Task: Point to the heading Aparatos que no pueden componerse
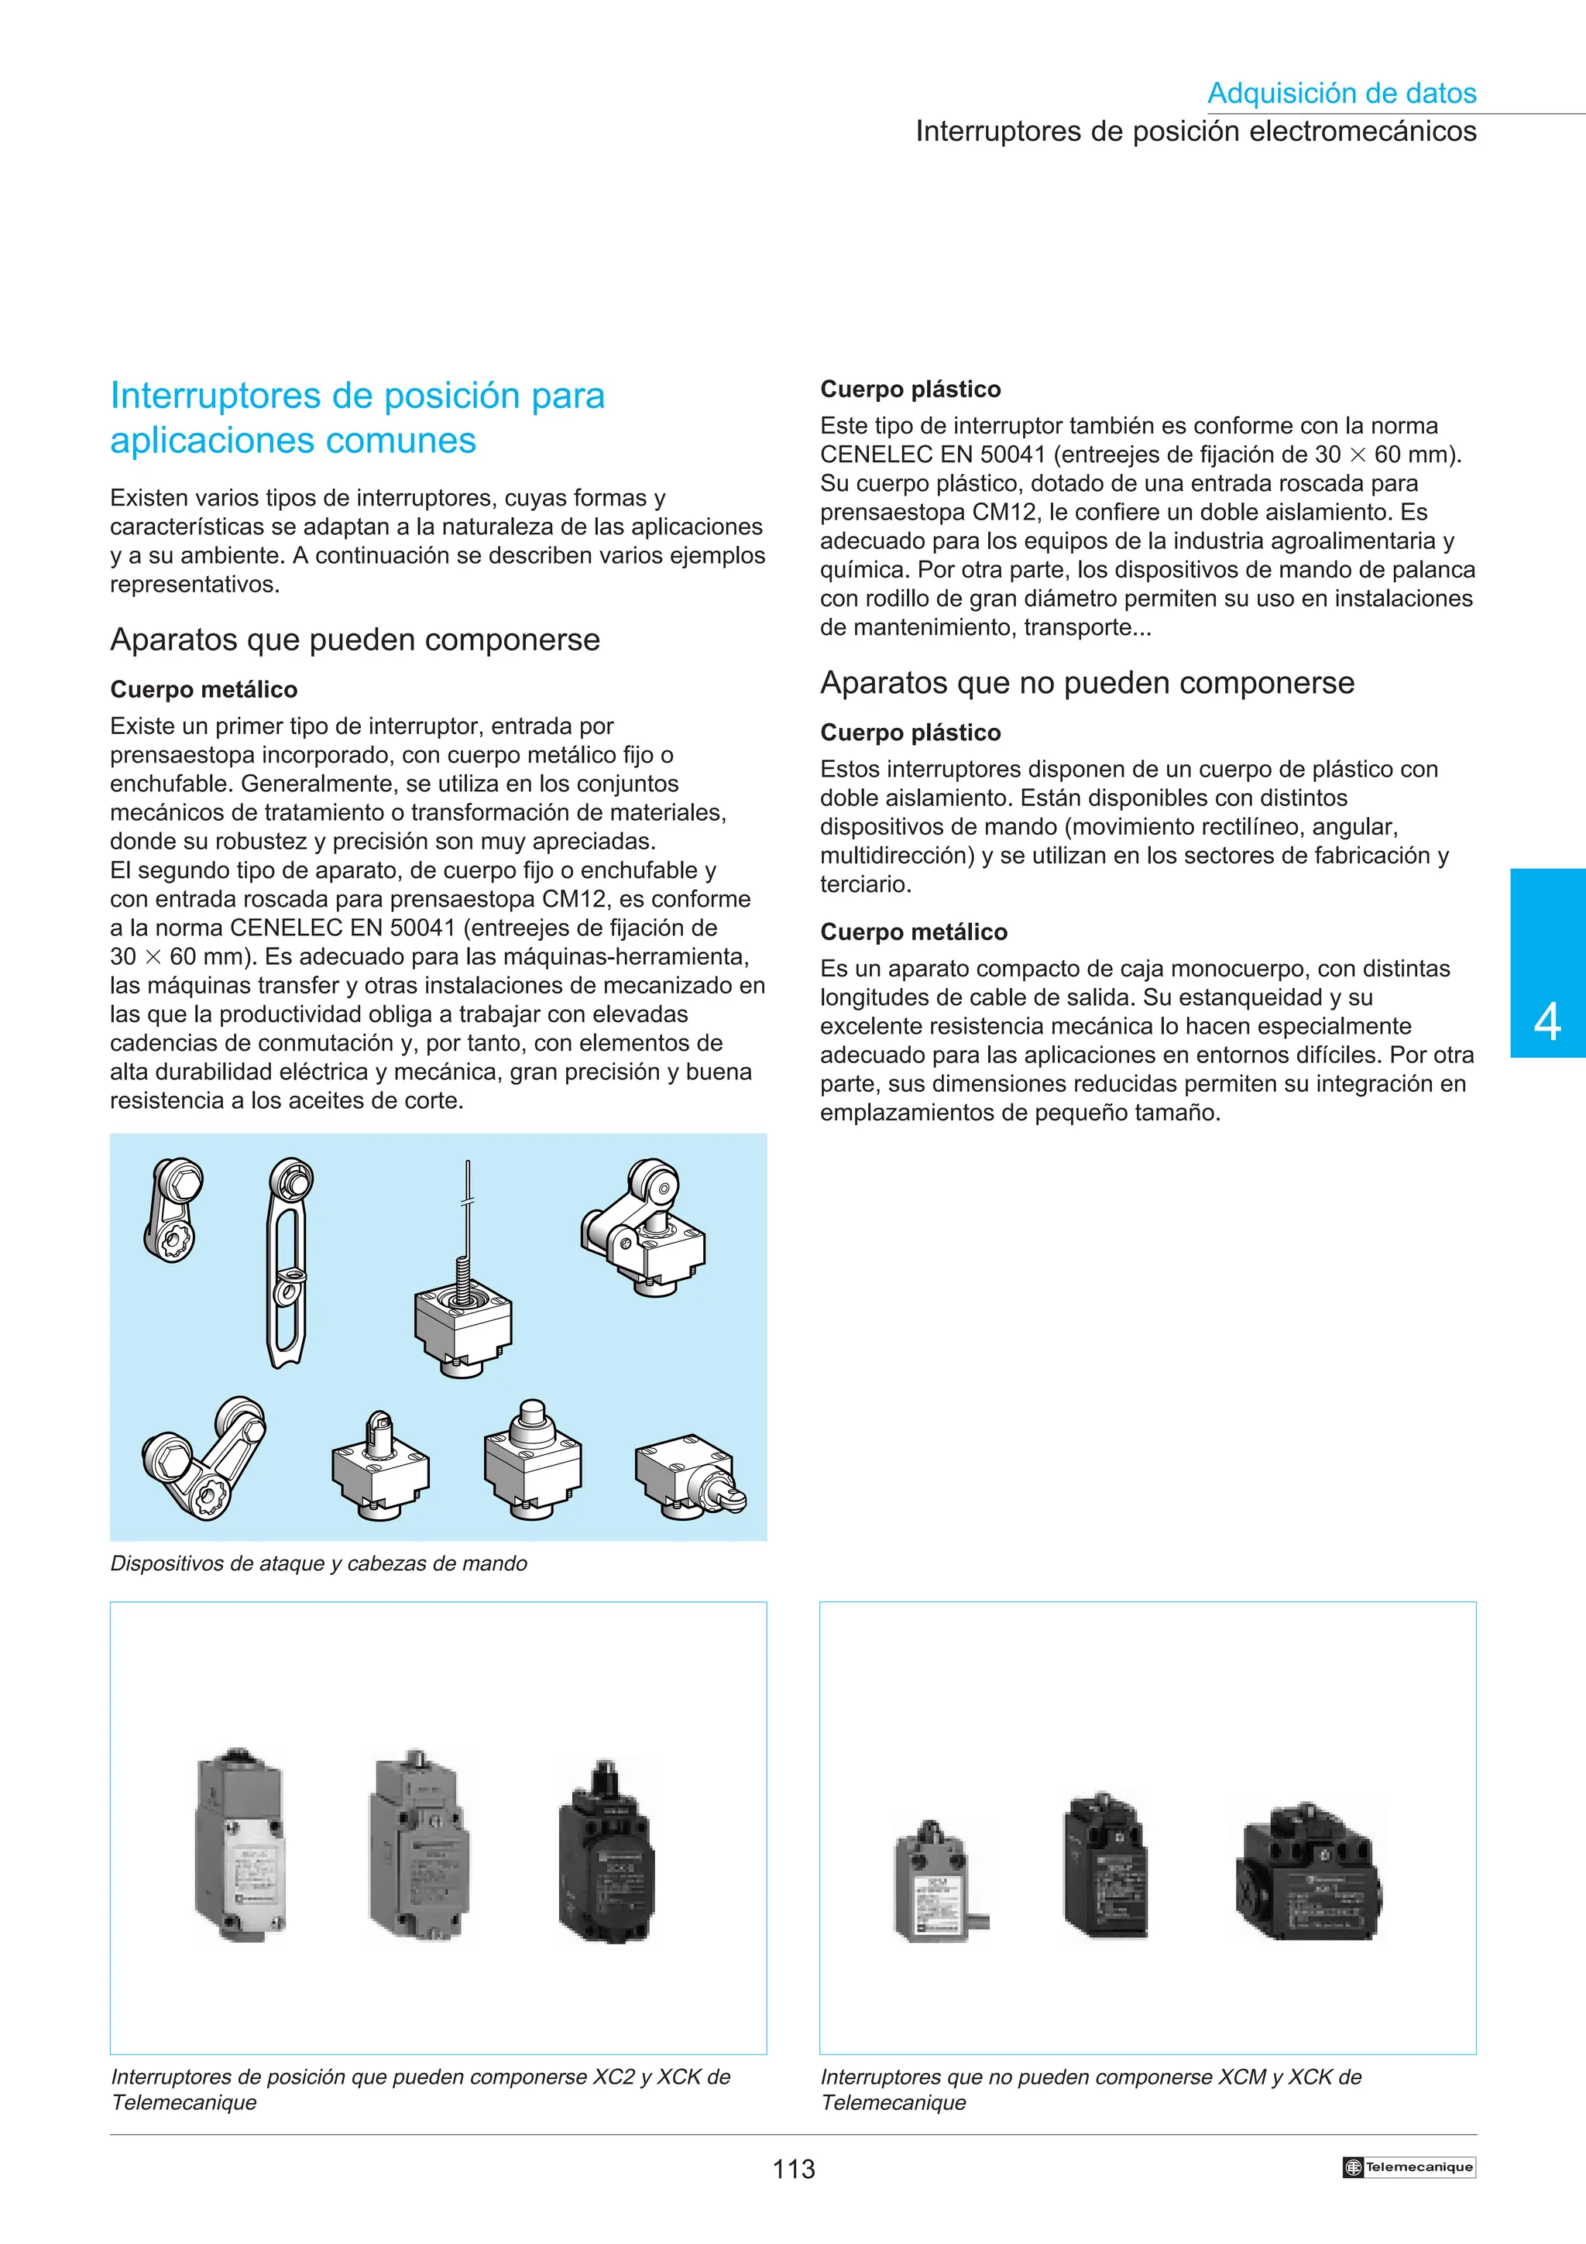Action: pos(1087,682)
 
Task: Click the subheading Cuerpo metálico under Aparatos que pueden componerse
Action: pos(203,689)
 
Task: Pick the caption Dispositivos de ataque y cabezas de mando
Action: pos(318,1563)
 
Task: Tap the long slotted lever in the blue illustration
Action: pos(287,1263)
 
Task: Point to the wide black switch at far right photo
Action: pos(1310,1874)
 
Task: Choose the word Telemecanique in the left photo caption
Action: pos(184,2102)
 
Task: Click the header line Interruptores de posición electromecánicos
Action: pos(1195,131)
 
